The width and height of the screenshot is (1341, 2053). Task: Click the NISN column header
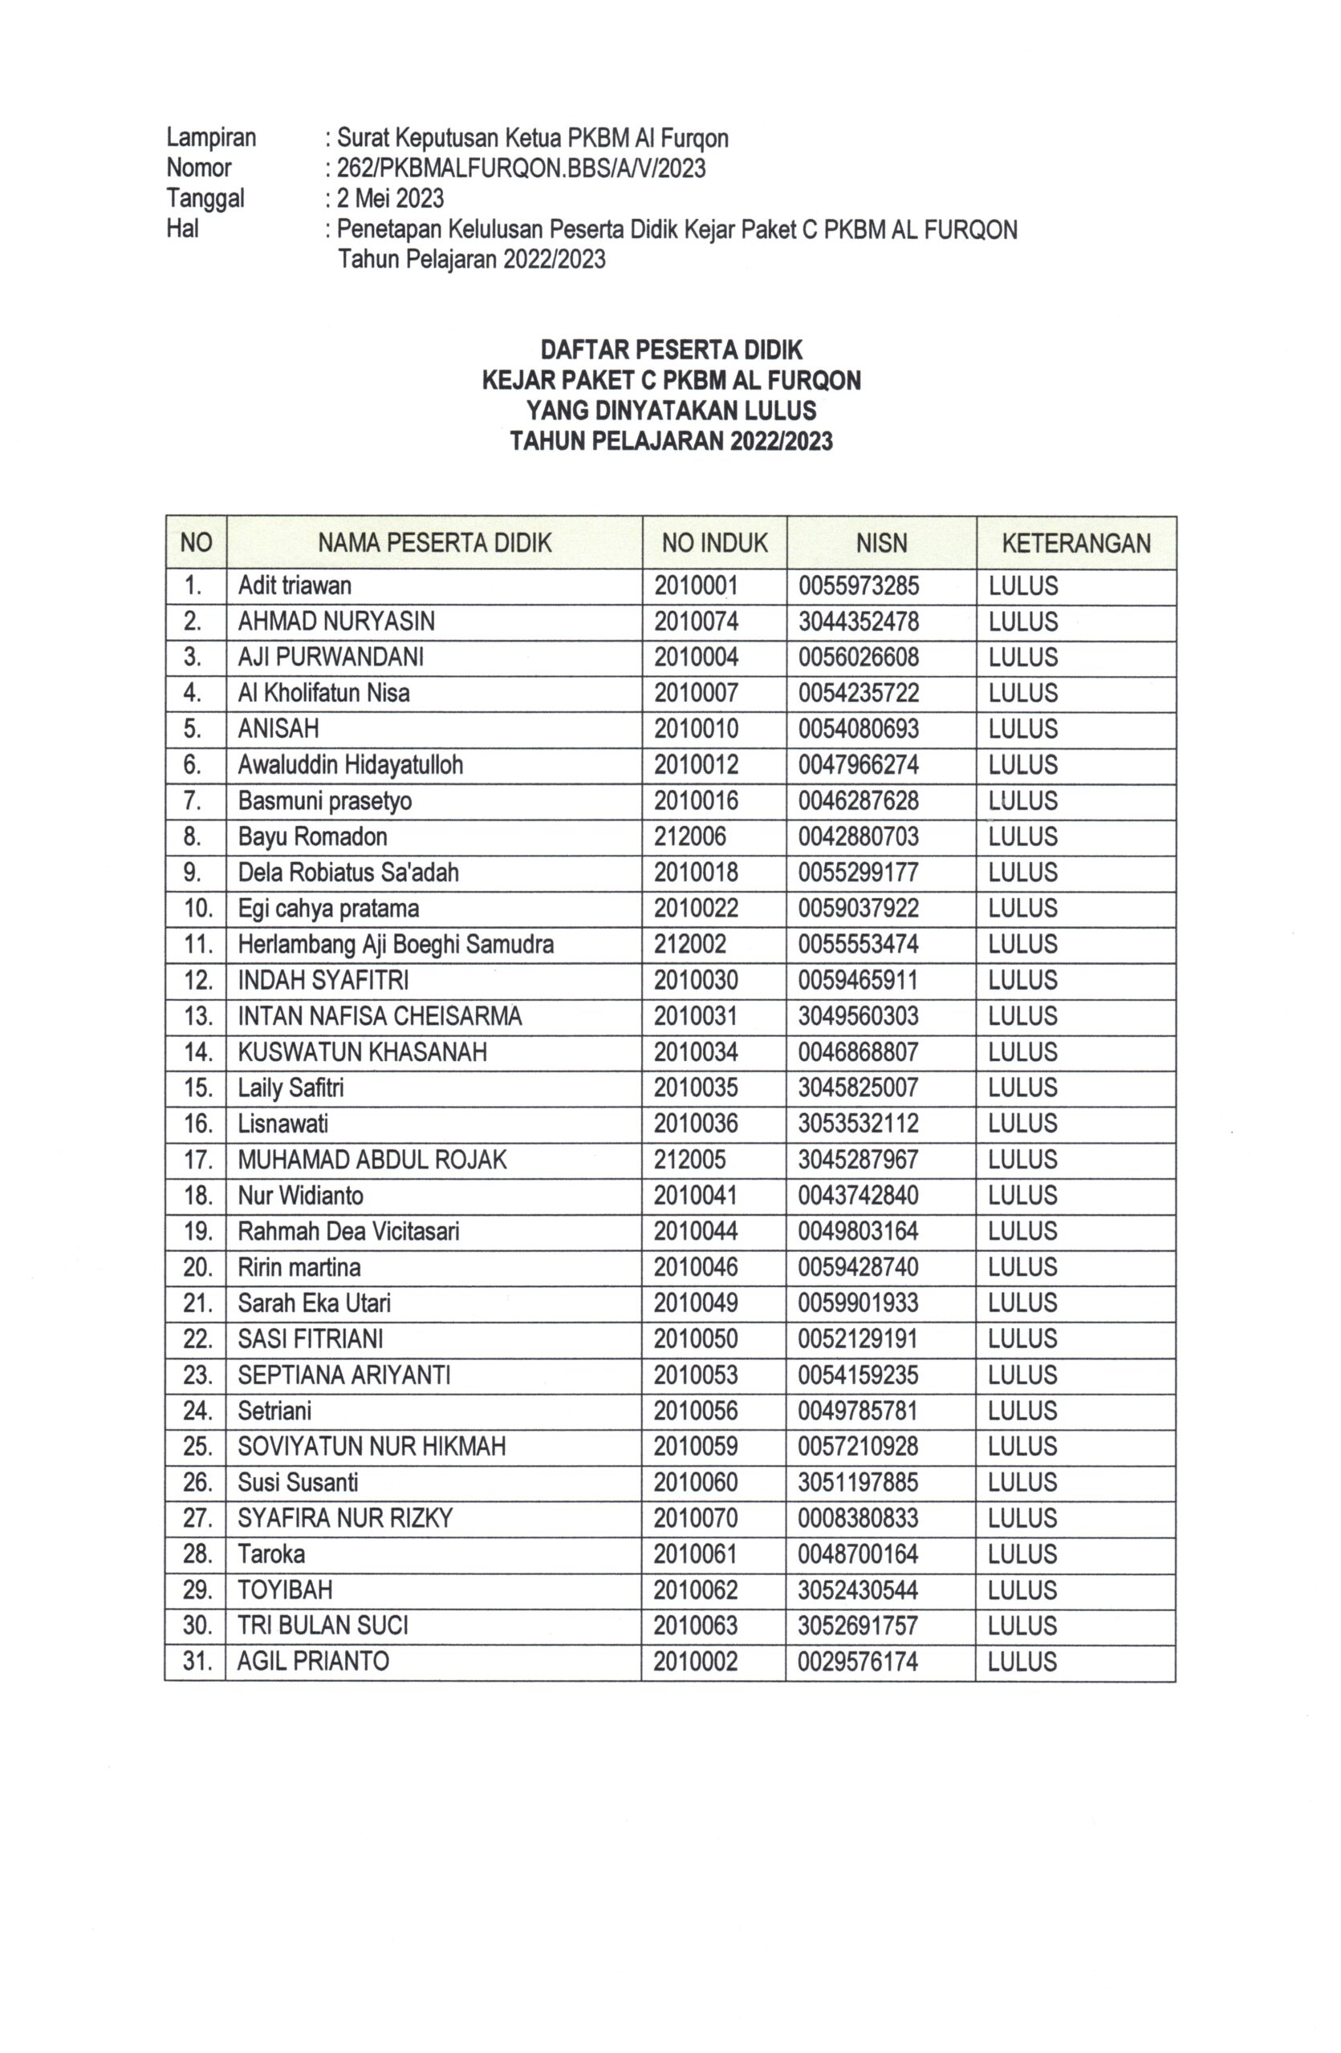pos(881,543)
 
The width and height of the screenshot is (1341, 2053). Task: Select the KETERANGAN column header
pos(1075,543)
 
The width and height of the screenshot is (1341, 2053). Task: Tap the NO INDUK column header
pos(714,543)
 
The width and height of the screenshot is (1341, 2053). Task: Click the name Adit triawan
pos(295,585)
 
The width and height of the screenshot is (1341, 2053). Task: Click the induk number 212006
pos(689,836)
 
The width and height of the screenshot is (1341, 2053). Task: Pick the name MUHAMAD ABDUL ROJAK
pos(372,1159)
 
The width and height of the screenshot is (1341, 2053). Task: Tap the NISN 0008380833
pos(858,1517)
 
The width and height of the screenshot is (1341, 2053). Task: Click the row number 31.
pos(197,1661)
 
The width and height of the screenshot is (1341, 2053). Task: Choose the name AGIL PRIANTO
pos(313,1661)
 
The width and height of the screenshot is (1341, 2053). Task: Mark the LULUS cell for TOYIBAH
pos(1022,1589)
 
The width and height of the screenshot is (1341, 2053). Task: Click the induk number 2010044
pos(696,1231)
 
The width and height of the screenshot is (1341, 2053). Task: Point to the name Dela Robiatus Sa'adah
pos(347,872)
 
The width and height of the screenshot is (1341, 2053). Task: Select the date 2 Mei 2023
pos(390,198)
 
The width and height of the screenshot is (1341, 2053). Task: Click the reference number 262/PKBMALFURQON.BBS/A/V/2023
pos(521,168)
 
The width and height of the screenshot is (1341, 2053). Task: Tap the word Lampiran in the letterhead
pos(211,138)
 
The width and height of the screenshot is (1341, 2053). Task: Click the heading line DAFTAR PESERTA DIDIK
pos(672,350)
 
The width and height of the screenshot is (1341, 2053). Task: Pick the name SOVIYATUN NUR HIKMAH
pos(372,1446)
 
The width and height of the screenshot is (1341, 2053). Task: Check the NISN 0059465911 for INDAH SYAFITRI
pos(858,980)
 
